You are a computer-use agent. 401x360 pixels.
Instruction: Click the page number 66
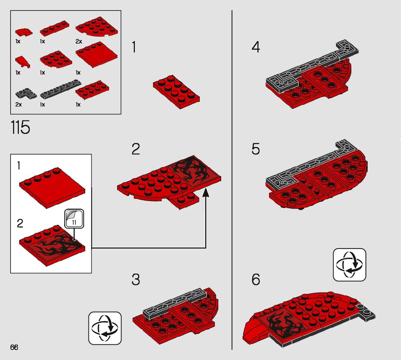(x=14, y=347)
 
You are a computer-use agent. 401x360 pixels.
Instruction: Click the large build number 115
(x=20, y=127)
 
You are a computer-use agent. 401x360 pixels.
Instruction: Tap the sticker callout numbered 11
(x=74, y=219)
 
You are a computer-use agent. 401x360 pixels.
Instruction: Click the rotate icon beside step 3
(x=105, y=328)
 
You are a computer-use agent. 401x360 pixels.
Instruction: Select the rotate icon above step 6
(x=350, y=265)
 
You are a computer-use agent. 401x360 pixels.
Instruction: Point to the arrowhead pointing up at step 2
(x=206, y=192)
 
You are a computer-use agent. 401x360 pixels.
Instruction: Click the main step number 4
(x=256, y=47)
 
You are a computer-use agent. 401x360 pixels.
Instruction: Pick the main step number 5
(x=256, y=149)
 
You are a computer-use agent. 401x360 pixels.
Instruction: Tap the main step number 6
(x=256, y=279)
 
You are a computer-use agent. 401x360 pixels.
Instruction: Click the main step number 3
(x=136, y=279)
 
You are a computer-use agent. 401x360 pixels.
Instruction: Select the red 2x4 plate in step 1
(x=176, y=92)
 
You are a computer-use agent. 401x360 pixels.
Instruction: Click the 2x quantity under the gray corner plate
(x=18, y=105)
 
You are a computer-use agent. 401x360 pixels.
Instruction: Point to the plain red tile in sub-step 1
(x=52, y=188)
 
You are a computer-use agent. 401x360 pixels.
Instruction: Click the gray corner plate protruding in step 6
(x=367, y=312)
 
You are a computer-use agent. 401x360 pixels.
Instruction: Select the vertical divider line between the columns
(x=232, y=180)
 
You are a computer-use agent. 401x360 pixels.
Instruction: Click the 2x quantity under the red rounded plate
(x=79, y=41)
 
